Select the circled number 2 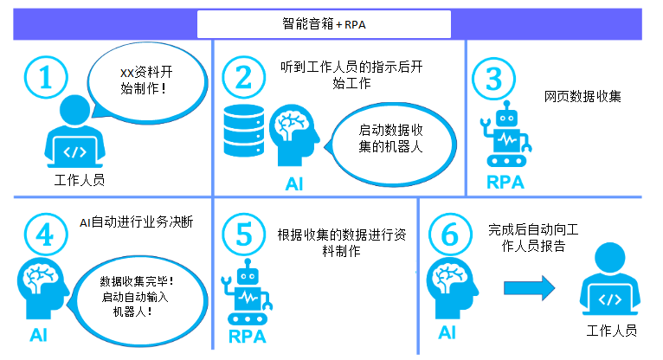[x=243, y=78]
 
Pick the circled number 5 [x=243, y=234]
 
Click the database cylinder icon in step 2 [x=243, y=131]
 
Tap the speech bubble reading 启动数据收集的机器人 [x=390, y=138]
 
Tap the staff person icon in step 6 [x=611, y=282]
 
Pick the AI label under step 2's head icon [x=294, y=183]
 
